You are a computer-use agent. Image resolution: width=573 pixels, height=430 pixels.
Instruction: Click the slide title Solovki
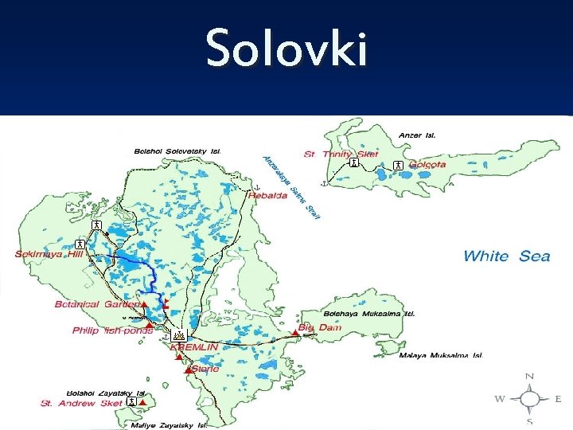[286, 48]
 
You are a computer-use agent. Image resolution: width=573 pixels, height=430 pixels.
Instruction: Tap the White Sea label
[506, 256]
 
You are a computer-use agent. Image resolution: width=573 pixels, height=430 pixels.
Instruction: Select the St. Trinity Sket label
[341, 154]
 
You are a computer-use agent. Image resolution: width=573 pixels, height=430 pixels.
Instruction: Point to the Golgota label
[427, 165]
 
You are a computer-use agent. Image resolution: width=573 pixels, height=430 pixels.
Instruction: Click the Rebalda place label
[267, 196]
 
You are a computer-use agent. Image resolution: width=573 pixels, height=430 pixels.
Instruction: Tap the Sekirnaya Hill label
[49, 255]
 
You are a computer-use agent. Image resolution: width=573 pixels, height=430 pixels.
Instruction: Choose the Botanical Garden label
[98, 304]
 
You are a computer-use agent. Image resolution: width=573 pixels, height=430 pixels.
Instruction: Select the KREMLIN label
[195, 348]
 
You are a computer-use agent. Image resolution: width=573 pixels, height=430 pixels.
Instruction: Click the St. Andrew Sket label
[81, 404]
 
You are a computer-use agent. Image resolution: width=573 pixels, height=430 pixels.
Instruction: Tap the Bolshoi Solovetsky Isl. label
[177, 150]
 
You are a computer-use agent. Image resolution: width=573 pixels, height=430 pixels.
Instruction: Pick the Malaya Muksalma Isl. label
[440, 355]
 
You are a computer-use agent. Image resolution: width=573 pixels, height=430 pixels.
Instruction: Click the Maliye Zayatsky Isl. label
[169, 425]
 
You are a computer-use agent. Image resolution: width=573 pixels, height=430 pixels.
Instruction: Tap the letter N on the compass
[529, 377]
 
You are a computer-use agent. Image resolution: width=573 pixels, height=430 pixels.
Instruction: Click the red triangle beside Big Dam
[295, 330]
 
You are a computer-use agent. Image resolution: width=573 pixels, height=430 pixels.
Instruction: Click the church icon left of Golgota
[397, 165]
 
